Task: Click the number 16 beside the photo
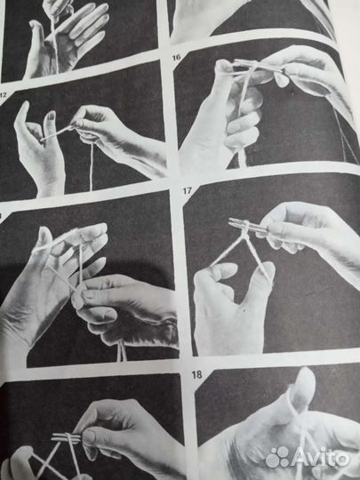(176, 57)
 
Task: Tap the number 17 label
(188, 191)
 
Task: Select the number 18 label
(196, 375)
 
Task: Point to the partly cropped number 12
(3, 94)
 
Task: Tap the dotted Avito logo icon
(277, 457)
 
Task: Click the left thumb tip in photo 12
(25, 106)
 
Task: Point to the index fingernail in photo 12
(52, 116)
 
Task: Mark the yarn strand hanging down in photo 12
(91, 167)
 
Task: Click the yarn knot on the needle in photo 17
(245, 235)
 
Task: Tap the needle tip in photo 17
(231, 220)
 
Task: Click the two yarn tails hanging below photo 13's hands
(122, 351)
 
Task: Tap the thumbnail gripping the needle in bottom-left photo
(89, 436)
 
